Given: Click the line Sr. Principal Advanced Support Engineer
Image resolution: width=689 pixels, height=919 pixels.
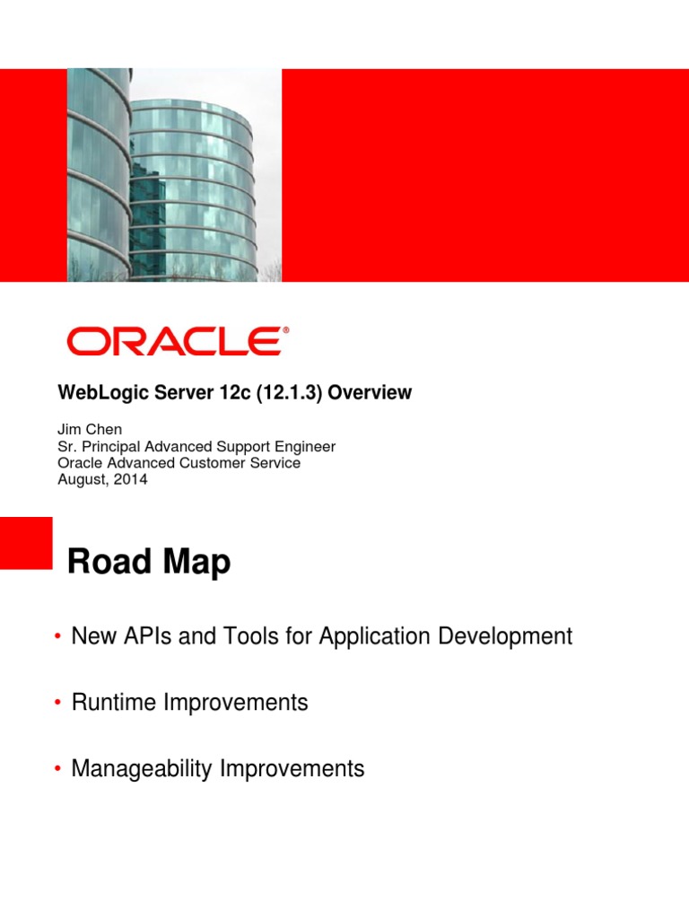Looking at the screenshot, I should tap(196, 447).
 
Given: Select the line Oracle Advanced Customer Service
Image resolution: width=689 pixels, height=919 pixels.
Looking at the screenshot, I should tap(179, 463).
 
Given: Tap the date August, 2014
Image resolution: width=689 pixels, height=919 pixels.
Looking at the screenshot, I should tap(102, 479).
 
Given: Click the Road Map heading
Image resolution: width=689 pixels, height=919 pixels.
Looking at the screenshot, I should tap(149, 563).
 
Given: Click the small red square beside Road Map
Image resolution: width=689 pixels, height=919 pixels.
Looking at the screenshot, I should tap(26, 543).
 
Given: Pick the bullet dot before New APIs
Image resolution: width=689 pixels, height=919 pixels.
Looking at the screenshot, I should tap(57, 637).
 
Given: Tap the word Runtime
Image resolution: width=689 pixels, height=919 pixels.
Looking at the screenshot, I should tap(113, 703).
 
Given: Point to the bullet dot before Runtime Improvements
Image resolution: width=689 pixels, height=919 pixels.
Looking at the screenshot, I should tap(57, 704).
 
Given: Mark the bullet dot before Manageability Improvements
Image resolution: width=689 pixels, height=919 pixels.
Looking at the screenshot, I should tap(57, 770).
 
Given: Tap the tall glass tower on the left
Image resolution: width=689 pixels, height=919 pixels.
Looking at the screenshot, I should tap(97, 171).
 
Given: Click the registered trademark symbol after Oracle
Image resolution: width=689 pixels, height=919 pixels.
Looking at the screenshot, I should tap(286, 331).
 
